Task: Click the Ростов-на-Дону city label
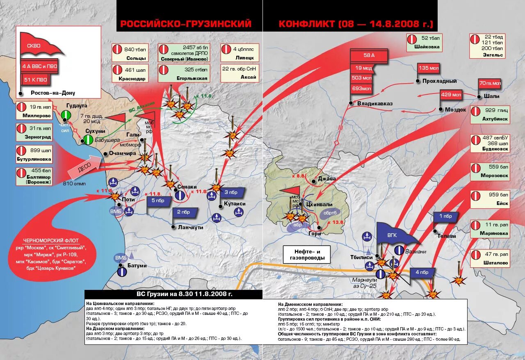[53, 93]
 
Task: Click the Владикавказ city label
[374, 104]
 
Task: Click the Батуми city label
[137, 265]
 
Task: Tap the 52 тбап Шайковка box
[424, 43]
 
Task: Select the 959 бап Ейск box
[490, 199]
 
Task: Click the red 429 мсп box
[451, 95]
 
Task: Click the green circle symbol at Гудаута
[66, 115]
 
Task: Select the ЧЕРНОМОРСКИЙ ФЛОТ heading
[57, 240]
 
